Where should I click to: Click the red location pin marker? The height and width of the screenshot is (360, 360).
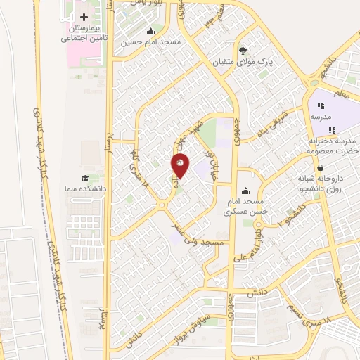(x=180, y=165)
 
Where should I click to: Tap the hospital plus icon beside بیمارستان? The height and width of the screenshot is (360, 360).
(x=84, y=17)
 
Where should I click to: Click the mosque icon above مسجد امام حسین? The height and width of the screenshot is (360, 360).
(x=150, y=32)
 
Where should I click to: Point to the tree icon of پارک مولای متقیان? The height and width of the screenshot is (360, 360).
(x=243, y=50)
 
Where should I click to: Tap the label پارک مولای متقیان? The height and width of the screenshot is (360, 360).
(x=243, y=62)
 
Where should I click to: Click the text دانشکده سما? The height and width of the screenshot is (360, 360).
(x=84, y=190)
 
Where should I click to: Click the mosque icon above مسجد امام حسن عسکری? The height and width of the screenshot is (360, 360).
(x=245, y=191)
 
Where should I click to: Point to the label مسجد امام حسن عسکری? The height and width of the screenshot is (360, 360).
(x=243, y=206)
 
